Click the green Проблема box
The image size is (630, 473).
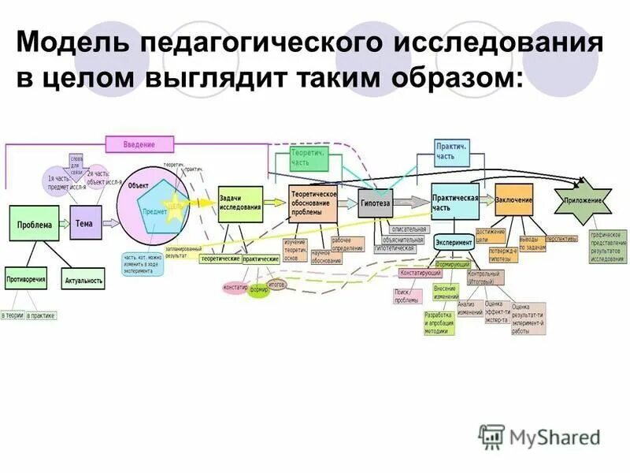coord(34,225)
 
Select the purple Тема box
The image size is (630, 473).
coord(85,223)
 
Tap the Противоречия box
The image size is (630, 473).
coord(26,279)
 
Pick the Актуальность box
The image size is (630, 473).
coord(83,281)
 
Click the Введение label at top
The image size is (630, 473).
coord(139,144)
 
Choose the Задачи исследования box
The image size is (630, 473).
coord(240,203)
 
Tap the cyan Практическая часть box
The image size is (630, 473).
coord(455,202)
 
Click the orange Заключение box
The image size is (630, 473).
coord(514,199)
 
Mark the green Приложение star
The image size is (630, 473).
coord(583,200)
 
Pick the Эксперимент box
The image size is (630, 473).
coord(454,243)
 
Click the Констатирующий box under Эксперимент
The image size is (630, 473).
coord(421,274)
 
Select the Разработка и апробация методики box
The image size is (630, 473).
coord(439,324)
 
